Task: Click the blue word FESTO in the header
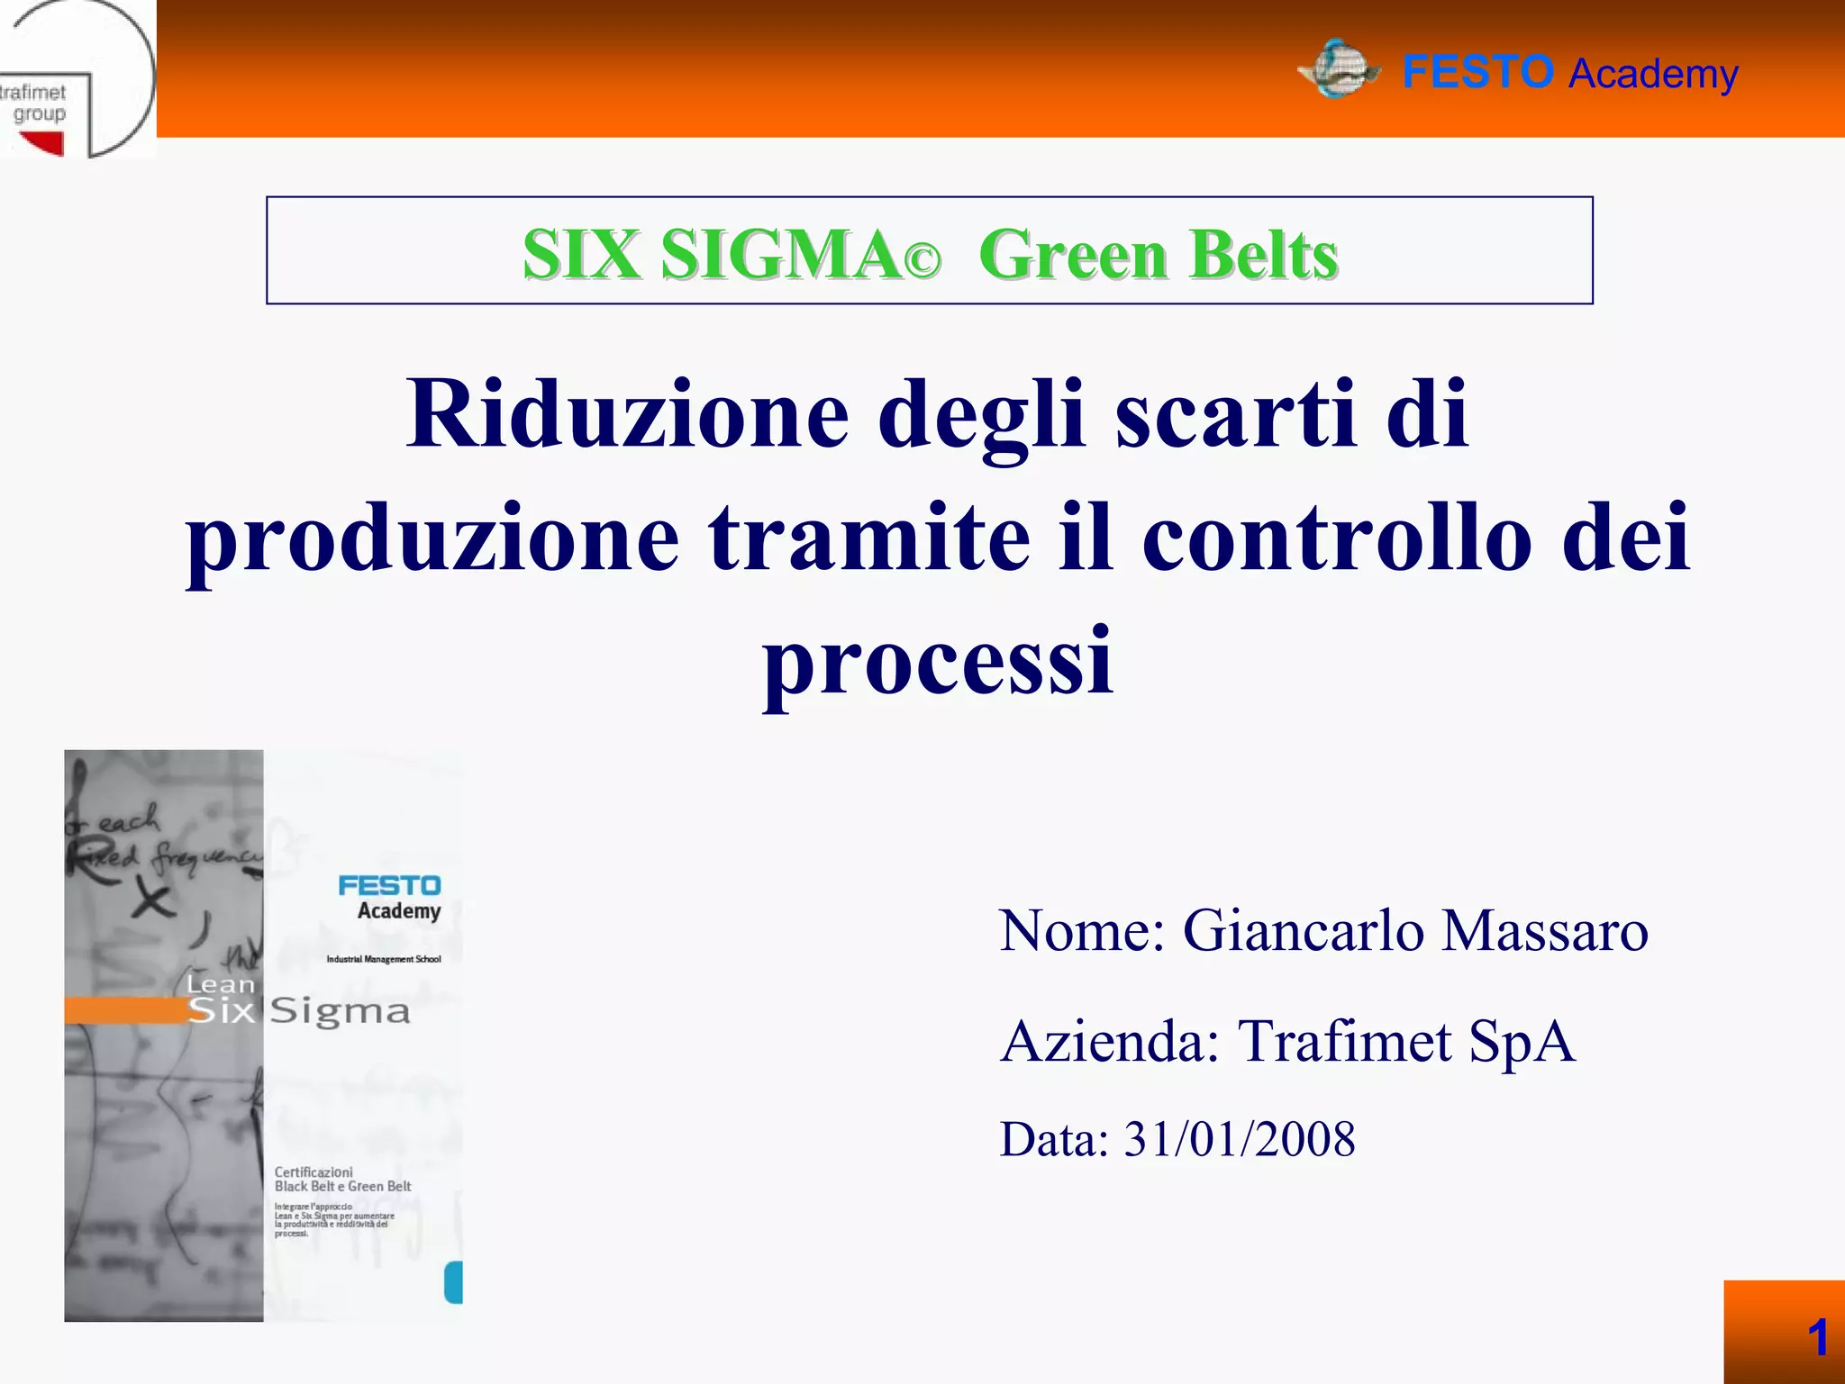[x=1477, y=72]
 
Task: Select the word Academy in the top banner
[x=1653, y=75]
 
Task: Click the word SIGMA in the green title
[x=779, y=255]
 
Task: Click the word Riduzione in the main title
[x=627, y=414]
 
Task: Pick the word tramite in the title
[x=868, y=538]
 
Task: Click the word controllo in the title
[x=1337, y=538]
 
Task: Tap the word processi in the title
[x=938, y=662]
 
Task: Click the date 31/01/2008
[x=1239, y=1139]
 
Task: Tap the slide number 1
[x=1817, y=1337]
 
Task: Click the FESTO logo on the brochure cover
[x=389, y=886]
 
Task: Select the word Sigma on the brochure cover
[x=340, y=1011]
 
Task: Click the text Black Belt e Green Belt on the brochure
[x=342, y=1187]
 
